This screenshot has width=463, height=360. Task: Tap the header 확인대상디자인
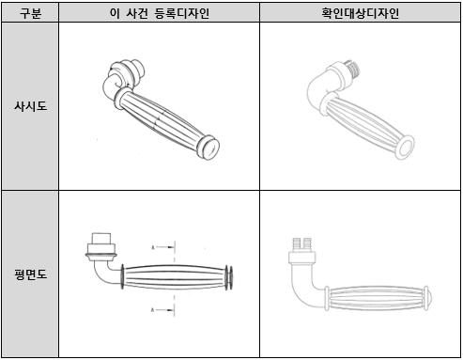360,11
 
